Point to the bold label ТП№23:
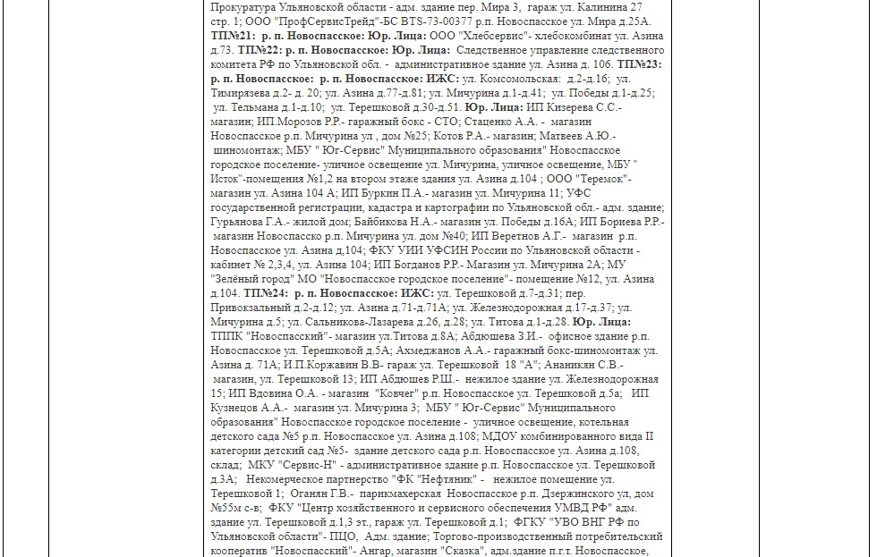click(639, 64)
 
